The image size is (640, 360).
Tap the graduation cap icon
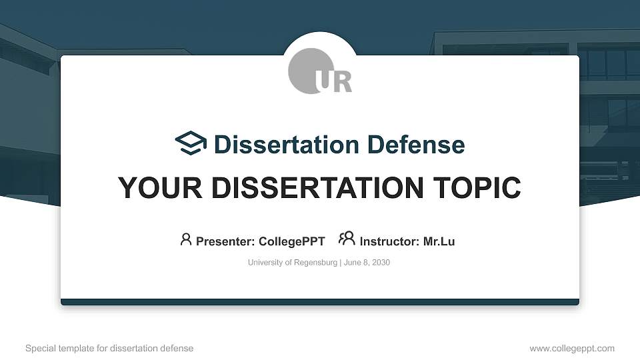click(x=191, y=143)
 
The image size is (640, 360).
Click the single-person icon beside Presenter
click(x=186, y=239)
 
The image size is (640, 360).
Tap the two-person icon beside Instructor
click(x=347, y=239)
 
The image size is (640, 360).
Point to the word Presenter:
click(x=225, y=241)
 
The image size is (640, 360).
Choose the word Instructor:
click(x=389, y=241)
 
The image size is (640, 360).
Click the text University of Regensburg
click(x=293, y=263)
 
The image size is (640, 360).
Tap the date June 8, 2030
click(x=367, y=263)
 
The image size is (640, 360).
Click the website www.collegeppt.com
click(x=572, y=348)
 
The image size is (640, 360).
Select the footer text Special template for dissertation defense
click(x=109, y=348)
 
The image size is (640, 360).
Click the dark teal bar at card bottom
click(x=320, y=302)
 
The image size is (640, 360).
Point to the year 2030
click(x=381, y=263)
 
